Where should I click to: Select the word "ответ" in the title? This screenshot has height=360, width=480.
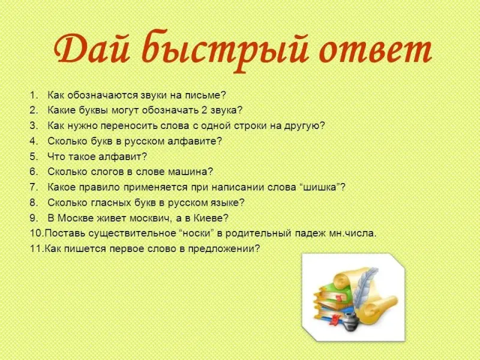pyautogui.click(x=376, y=50)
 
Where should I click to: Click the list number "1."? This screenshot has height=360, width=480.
pyautogui.click(x=34, y=95)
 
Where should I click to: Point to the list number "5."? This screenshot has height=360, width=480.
pyautogui.click(x=34, y=157)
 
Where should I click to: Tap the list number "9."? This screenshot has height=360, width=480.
pyautogui.click(x=34, y=218)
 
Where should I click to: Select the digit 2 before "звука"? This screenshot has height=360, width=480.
pyautogui.click(x=205, y=110)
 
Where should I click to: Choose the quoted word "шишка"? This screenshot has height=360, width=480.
pyautogui.click(x=320, y=187)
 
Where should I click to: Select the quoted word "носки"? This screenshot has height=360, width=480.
pyautogui.click(x=196, y=233)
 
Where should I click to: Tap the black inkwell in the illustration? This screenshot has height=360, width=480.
pyautogui.click(x=351, y=322)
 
